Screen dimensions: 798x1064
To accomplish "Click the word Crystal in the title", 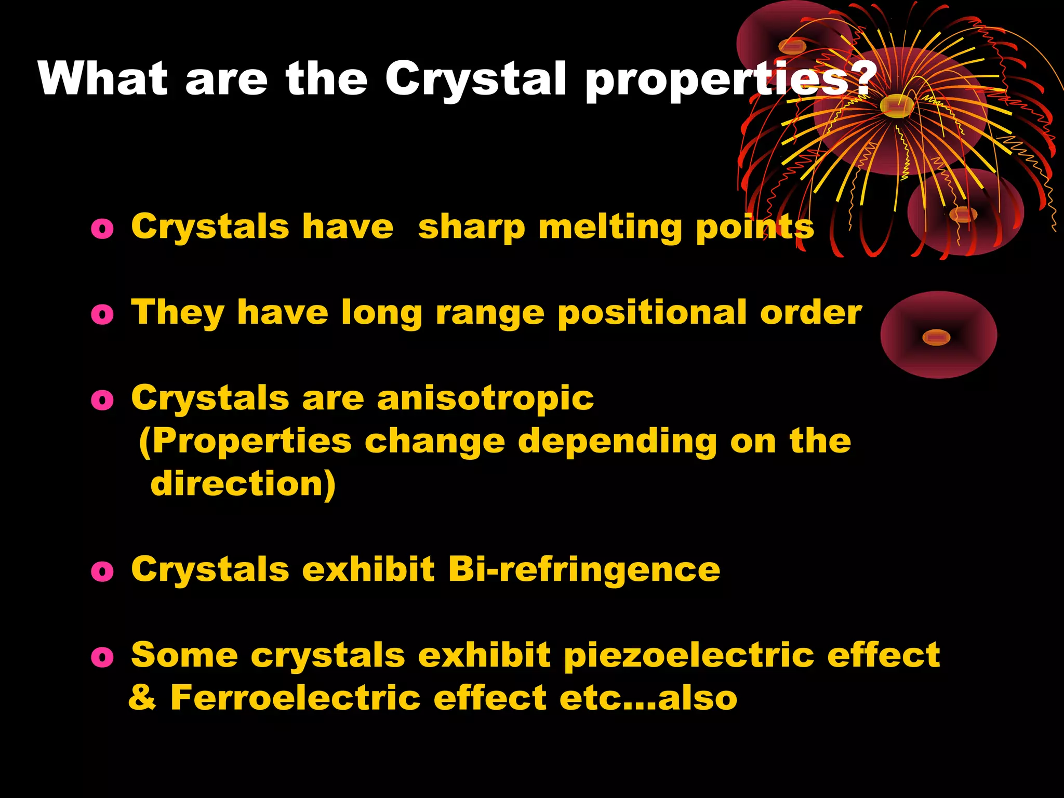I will click(x=475, y=79).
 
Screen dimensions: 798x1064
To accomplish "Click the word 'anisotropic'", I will click(x=485, y=399).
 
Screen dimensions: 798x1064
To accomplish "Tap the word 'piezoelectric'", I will click(x=689, y=656).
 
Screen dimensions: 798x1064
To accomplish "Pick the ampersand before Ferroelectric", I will click(x=142, y=698).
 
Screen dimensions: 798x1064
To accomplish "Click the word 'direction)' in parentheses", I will click(x=243, y=484).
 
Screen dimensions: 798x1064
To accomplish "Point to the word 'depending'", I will click(x=617, y=442).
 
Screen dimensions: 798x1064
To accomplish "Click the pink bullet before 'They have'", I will click(x=102, y=314).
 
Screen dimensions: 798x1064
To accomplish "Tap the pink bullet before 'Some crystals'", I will click(x=102, y=657).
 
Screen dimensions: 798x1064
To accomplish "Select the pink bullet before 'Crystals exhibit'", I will click(x=102, y=571).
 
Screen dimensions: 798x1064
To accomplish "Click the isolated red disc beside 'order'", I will click(x=938, y=335).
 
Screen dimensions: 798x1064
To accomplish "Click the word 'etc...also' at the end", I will click(x=648, y=698).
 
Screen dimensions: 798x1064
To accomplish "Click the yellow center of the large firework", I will click(x=897, y=106).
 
